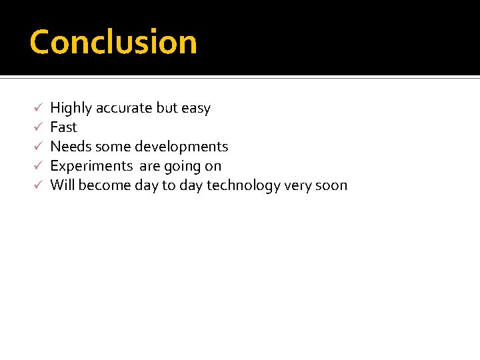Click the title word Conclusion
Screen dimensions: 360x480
tap(113, 42)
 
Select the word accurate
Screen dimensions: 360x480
tap(125, 108)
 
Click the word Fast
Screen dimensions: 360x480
tap(64, 127)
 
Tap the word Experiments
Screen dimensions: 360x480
tap(91, 166)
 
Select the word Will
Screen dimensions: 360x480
tap(62, 185)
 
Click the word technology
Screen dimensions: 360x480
tap(243, 185)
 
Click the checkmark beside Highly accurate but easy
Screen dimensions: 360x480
tap(39, 107)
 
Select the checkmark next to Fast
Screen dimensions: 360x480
tap(39, 127)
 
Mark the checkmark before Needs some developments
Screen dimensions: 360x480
tap(39, 146)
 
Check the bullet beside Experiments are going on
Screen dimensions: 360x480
tap(39, 165)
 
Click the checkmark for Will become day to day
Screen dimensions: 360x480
tap(39, 185)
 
